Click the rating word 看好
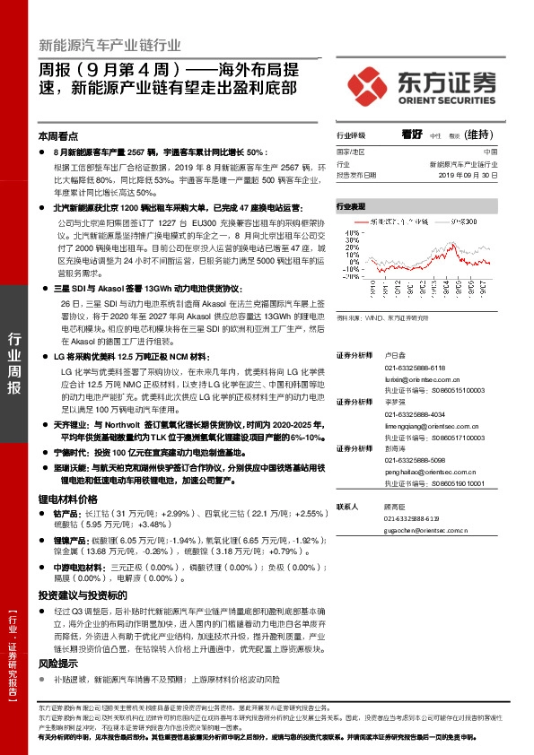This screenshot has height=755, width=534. pos(412,134)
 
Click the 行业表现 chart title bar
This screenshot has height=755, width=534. pos(352,205)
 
